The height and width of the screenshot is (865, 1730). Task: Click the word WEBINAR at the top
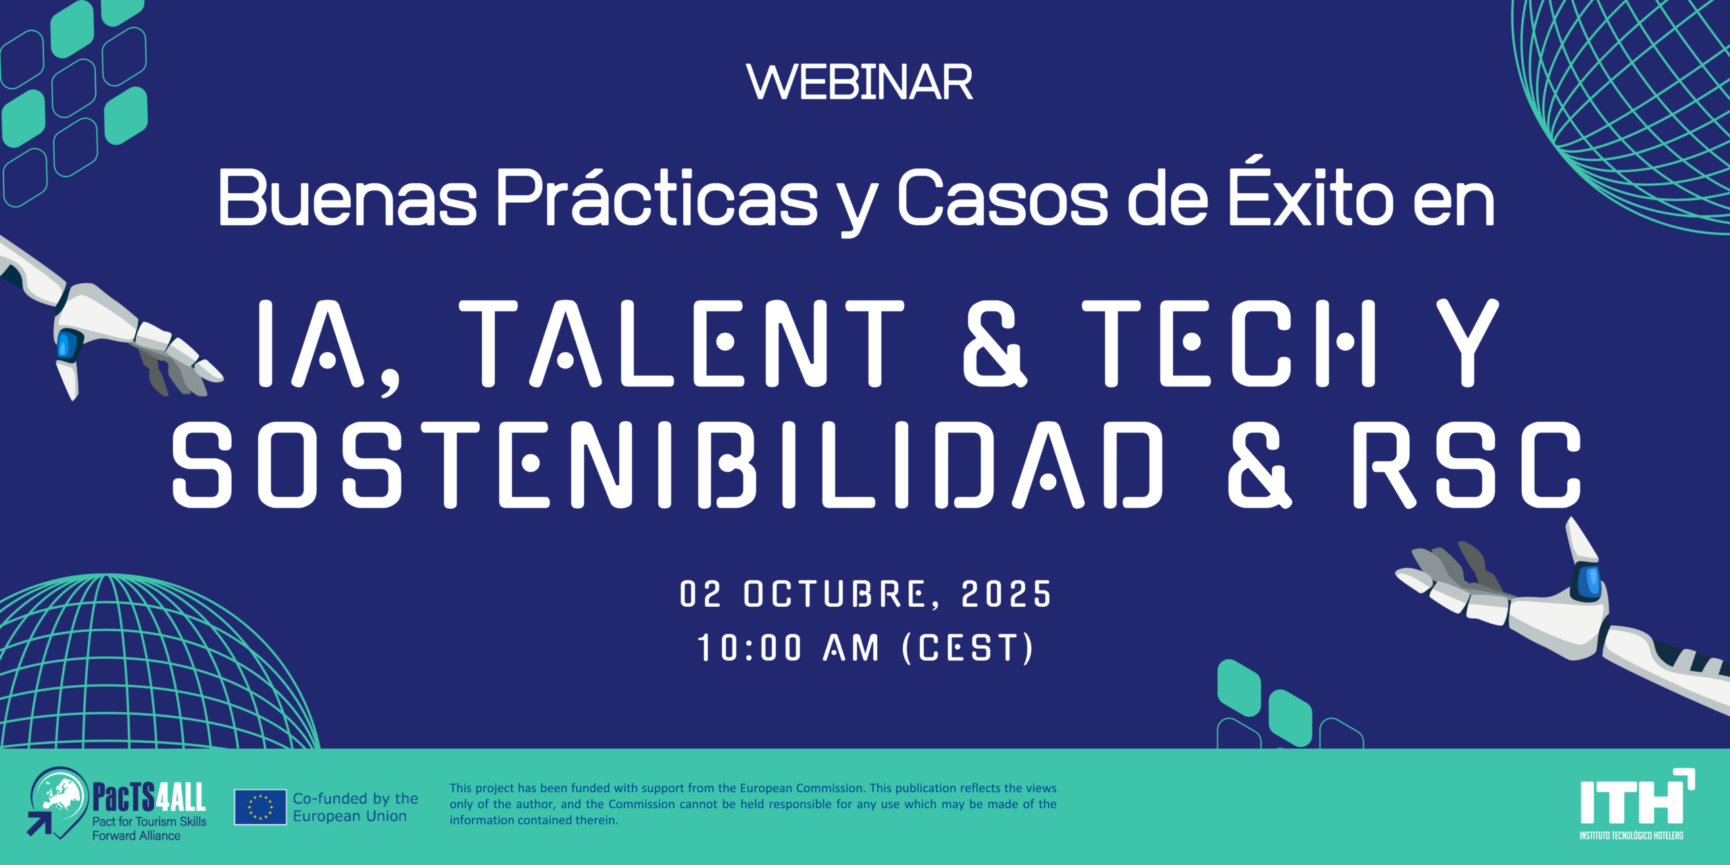[x=860, y=82]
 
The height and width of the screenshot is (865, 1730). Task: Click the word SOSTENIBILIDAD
[x=668, y=464]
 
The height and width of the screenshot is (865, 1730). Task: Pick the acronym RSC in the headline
[x=1467, y=464]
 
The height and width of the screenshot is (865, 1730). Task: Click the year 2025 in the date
[x=1006, y=595]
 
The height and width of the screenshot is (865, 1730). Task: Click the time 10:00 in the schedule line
[x=749, y=648]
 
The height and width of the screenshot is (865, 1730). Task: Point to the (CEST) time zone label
[x=968, y=648]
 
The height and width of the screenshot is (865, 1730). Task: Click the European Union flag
[x=260, y=807]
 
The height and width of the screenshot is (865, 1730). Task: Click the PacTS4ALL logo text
[x=149, y=797]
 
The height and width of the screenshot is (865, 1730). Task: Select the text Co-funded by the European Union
[x=355, y=807]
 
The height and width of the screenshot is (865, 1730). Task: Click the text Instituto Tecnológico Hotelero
[x=1631, y=835]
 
